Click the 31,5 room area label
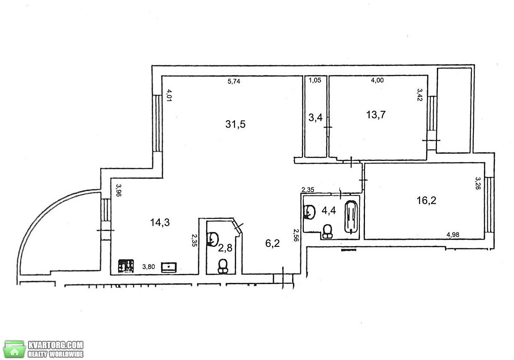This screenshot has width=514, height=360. (236, 124)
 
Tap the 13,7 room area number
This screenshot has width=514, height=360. (376, 115)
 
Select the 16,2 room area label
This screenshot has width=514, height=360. (427, 200)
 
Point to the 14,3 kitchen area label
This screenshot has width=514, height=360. (160, 222)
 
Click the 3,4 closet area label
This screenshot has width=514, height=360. (315, 117)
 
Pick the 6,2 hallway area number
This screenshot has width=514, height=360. (272, 243)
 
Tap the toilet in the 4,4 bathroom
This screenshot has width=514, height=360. (327, 231)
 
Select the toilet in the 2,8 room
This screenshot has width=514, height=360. (223, 266)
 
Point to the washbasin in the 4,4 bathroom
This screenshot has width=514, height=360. (309, 212)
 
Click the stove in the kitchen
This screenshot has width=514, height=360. (127, 266)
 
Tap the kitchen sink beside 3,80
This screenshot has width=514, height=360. (169, 267)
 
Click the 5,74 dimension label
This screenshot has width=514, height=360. (234, 81)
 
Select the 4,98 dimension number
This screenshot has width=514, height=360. (453, 234)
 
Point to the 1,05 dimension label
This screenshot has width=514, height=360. (315, 80)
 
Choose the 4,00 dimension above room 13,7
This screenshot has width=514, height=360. (377, 80)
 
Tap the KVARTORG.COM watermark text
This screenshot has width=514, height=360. (56, 345)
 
